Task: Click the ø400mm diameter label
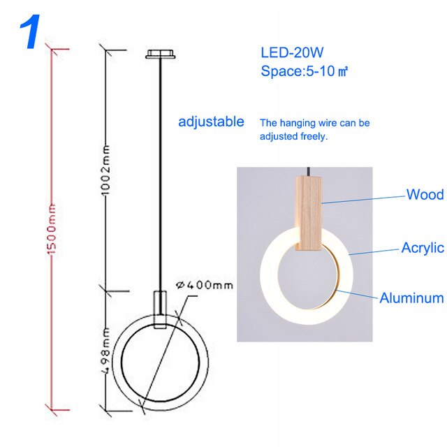coord(204,286)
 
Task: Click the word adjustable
coord(211,122)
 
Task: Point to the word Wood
coord(425,194)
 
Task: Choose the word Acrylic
coord(422,247)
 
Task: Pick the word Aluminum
coord(411,298)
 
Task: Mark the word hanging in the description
coord(301,123)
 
